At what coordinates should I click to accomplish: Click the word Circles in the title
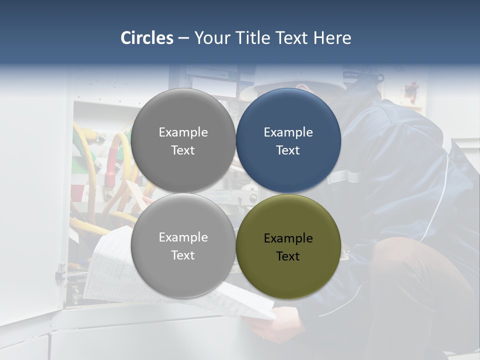147,38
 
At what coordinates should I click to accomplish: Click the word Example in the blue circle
288,132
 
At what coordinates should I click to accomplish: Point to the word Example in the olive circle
288,238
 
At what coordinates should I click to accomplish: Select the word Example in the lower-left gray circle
183,237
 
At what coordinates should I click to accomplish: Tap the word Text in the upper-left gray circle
183,150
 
